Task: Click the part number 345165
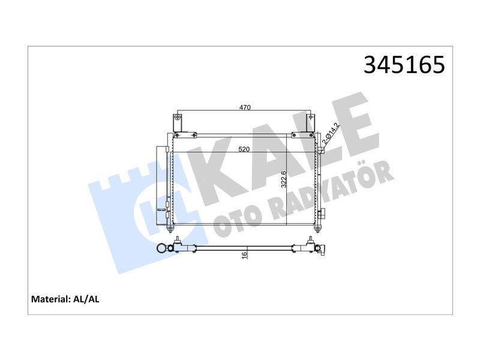tap(404, 65)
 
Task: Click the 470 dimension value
tap(245, 107)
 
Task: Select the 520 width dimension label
tap(244, 149)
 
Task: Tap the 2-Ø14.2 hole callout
tap(331, 133)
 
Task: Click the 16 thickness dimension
tap(244, 256)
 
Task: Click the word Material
tap(50, 299)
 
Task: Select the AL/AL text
tap(86, 299)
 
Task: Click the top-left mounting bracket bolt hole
tap(178, 116)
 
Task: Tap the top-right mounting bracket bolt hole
tap(311, 116)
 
